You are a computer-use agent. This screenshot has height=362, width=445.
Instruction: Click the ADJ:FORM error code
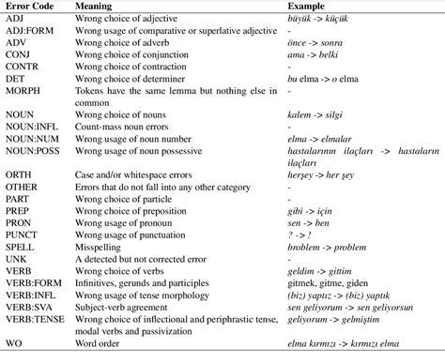pyautogui.click(x=32, y=30)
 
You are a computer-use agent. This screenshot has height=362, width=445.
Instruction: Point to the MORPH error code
pyautogui.click(x=24, y=91)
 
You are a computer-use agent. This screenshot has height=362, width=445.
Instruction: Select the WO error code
pyautogui.click(x=14, y=343)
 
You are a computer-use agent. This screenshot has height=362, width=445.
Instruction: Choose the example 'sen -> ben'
pyautogui.click(x=311, y=221)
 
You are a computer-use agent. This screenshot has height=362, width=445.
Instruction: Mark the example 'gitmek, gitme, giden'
pyautogui.click(x=334, y=282)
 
